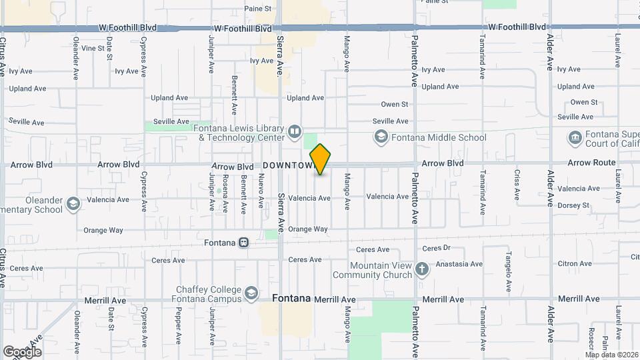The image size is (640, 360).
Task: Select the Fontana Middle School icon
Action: (381, 137)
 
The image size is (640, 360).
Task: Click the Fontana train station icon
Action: (244, 243)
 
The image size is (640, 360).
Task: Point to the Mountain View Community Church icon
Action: (421, 269)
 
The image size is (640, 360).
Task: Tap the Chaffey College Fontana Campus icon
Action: (251, 293)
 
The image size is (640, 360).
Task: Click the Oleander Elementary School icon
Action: (73, 203)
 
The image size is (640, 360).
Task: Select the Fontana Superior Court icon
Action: (575, 138)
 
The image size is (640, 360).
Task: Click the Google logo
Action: (22, 351)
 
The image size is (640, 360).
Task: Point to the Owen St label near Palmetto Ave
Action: (394, 104)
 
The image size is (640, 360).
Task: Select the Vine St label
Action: (93, 48)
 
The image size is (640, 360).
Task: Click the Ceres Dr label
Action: (437, 248)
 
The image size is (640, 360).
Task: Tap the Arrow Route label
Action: (592, 163)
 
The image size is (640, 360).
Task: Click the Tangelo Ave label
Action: (508, 273)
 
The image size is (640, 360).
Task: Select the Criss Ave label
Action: (517, 185)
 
